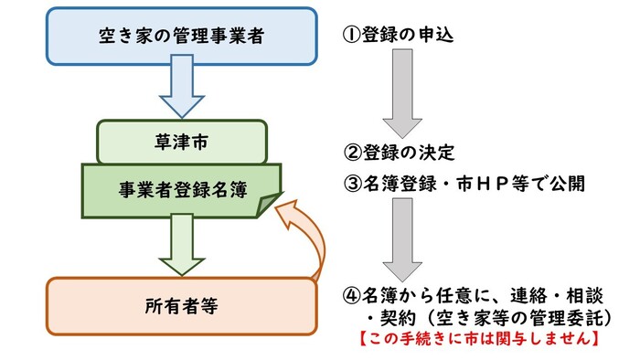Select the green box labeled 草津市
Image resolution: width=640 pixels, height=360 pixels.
(x=182, y=142)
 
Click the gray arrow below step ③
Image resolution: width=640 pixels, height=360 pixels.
(x=401, y=239)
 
